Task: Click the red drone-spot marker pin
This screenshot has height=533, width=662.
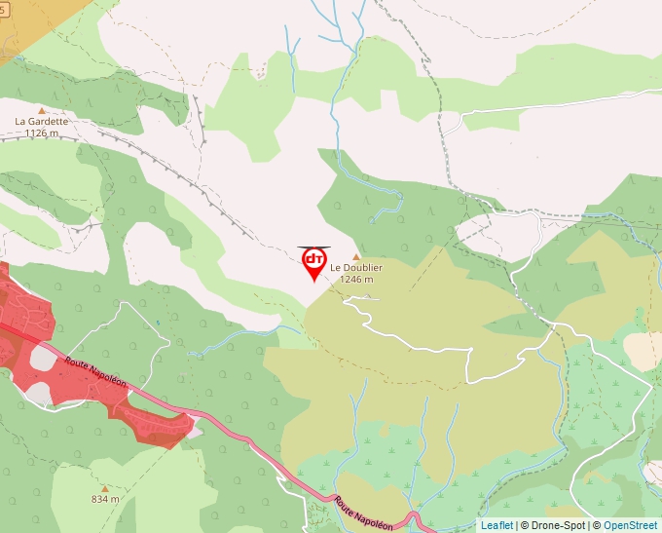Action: pyautogui.click(x=313, y=262)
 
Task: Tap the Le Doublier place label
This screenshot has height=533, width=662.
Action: pyautogui.click(x=356, y=268)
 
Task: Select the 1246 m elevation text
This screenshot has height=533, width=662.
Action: pyautogui.click(x=356, y=279)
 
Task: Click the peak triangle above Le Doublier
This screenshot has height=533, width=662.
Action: pyautogui.click(x=356, y=257)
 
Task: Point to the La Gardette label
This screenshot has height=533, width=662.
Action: pyautogui.click(x=42, y=122)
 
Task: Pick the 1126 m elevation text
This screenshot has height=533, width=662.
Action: pyautogui.click(x=42, y=133)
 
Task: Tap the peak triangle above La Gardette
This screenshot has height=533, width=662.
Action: pyautogui.click(x=41, y=111)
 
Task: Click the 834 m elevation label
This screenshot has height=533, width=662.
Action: pyautogui.click(x=105, y=499)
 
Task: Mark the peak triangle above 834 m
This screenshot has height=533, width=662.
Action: pyautogui.click(x=105, y=488)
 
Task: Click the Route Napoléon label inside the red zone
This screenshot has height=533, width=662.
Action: pyautogui.click(x=96, y=372)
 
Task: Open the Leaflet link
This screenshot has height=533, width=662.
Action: pyautogui.click(x=496, y=525)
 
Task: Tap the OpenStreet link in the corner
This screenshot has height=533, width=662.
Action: pyautogui.click(x=632, y=525)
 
